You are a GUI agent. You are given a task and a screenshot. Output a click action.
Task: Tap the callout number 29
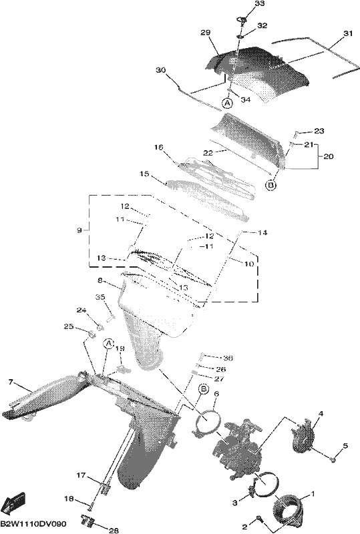coord(205,33)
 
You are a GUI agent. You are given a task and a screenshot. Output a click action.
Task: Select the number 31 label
coord(347,34)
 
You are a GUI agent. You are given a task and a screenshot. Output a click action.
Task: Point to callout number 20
coord(329,157)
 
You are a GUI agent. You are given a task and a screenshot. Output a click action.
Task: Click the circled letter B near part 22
coord(271,186)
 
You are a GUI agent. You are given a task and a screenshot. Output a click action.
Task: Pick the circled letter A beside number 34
coord(227,102)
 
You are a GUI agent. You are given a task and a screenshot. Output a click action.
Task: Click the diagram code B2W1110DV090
coord(33,523)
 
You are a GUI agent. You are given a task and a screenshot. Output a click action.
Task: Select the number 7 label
coord(11,382)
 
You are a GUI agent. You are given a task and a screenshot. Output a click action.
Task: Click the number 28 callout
coord(114,530)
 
